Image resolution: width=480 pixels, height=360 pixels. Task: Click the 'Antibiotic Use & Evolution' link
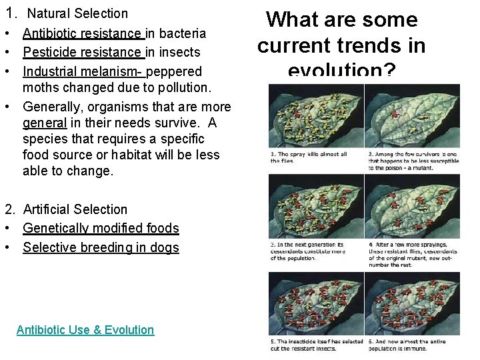pyautogui.click(x=85, y=330)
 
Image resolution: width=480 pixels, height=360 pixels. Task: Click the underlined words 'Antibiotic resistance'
pyautogui.click(x=82, y=33)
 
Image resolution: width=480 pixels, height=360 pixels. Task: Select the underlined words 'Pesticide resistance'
pyautogui.click(x=82, y=52)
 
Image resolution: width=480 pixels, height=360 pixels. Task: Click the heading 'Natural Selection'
pyautogui.click(x=77, y=13)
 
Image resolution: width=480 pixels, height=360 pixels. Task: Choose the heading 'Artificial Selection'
pyautogui.click(x=75, y=209)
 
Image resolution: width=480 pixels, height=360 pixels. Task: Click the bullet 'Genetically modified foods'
pyautogui.click(x=101, y=228)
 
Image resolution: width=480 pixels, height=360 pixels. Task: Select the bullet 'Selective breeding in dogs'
pyautogui.click(x=101, y=247)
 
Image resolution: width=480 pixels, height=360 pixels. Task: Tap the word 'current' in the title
pyautogui.click(x=299, y=45)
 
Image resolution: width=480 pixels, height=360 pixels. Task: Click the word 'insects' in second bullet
pyautogui.click(x=179, y=52)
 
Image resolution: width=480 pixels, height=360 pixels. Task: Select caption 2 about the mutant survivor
pyautogui.click(x=413, y=161)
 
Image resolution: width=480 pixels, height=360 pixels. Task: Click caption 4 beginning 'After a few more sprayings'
pyautogui.click(x=413, y=255)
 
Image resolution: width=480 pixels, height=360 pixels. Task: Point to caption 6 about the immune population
pyautogui.click(x=413, y=345)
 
